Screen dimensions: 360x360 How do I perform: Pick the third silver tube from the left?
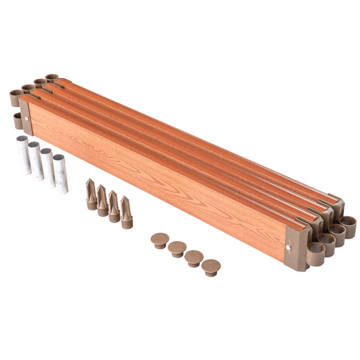(x=48, y=166)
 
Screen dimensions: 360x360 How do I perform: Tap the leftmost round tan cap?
(x=159, y=240)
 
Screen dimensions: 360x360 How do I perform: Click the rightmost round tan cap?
(x=210, y=267)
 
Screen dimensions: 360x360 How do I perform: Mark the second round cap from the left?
(x=177, y=248)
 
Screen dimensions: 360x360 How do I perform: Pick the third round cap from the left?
(x=193, y=257)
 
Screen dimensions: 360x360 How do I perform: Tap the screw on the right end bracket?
(x=288, y=246)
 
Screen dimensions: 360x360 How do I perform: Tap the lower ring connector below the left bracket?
(x=17, y=120)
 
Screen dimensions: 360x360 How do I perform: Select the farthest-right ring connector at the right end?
(x=348, y=226)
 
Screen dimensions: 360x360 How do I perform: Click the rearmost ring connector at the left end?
(x=51, y=78)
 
